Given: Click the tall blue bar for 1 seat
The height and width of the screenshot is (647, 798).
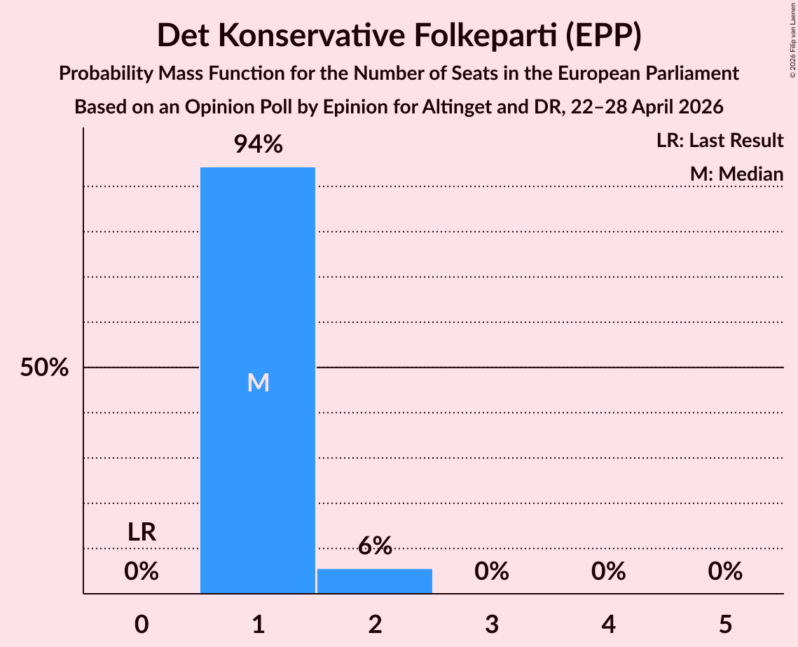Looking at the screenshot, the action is pos(258,380).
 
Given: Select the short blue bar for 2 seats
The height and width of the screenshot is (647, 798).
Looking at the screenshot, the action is pos(375,581).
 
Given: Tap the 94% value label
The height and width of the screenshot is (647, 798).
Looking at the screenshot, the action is pos(258,144).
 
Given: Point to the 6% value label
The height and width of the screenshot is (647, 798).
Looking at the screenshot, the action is pos(375,545).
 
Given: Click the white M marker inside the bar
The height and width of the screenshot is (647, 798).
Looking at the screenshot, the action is pos(258,382).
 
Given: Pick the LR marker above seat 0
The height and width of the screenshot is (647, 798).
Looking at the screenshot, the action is pos(142,532).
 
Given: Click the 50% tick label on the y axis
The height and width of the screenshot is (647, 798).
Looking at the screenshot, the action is pos(44,367).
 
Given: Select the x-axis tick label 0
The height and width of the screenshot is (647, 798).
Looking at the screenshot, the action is pos(142,624).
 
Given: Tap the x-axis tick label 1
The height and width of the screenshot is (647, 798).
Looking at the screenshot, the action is pos(259,624).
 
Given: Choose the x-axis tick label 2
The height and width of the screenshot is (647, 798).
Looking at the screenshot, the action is pos(375,624).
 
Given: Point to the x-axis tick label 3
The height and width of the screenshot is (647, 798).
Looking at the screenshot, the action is pos(492,624).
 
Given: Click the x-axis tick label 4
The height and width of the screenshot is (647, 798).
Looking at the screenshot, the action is pos(609,624).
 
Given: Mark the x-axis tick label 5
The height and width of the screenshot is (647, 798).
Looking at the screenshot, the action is pos(725,624).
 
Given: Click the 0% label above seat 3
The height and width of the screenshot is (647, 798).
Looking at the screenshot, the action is pos(492,571).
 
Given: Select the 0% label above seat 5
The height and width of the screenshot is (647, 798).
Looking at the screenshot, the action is pos(725,571).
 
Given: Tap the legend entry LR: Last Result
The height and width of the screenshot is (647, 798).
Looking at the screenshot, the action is pos(720,140).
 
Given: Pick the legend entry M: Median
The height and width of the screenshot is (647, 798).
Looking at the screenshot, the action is pos(736,174).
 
